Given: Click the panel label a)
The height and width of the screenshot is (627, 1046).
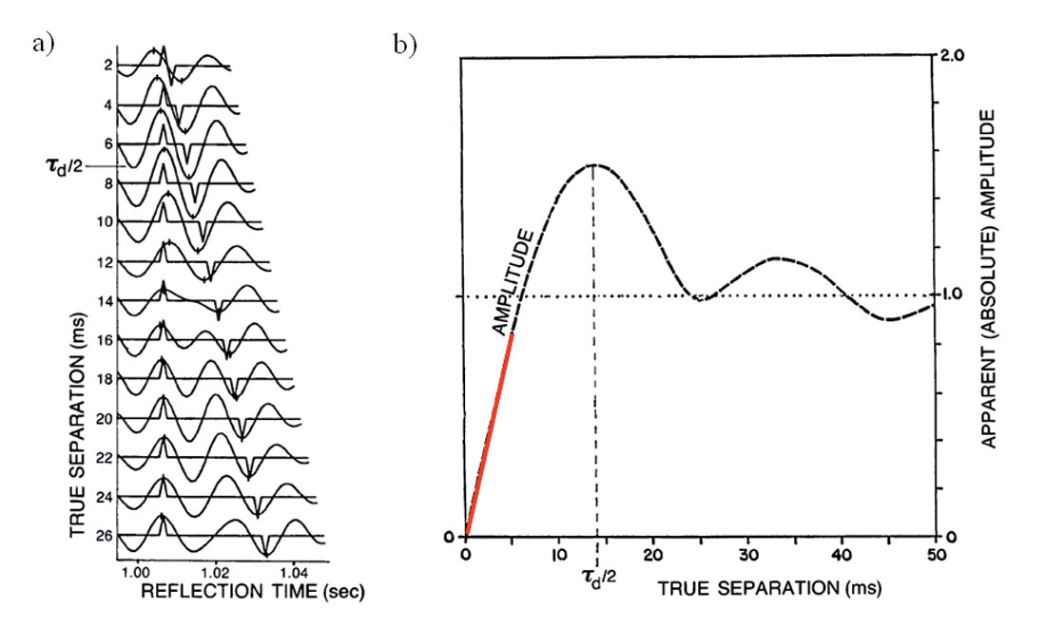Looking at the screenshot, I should (x=43, y=45).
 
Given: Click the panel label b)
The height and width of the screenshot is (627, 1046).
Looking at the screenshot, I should (x=405, y=45).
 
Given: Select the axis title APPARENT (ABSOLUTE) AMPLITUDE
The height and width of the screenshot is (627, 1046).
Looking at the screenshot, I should (x=990, y=277).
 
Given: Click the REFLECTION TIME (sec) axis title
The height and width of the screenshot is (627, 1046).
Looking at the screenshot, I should (x=253, y=591).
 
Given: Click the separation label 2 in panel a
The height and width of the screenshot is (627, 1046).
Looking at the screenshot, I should (x=110, y=66).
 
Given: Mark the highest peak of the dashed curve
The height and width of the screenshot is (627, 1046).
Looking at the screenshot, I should (x=593, y=164).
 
